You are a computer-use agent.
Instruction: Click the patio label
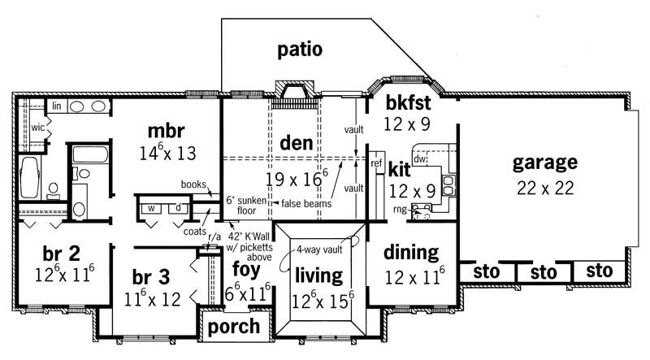pyautogui.click(x=300, y=50)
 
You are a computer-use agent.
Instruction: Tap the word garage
pyautogui.click(x=544, y=162)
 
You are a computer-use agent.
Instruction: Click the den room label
pyautogui.click(x=296, y=144)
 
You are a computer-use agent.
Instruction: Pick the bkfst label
pyautogui.click(x=407, y=104)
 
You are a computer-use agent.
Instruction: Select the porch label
pyautogui.click(x=234, y=327)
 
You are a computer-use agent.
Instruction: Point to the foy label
pyautogui.click(x=245, y=268)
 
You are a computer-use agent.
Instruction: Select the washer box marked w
pyautogui.click(x=152, y=207)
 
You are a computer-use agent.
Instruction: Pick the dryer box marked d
pyautogui.click(x=180, y=207)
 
